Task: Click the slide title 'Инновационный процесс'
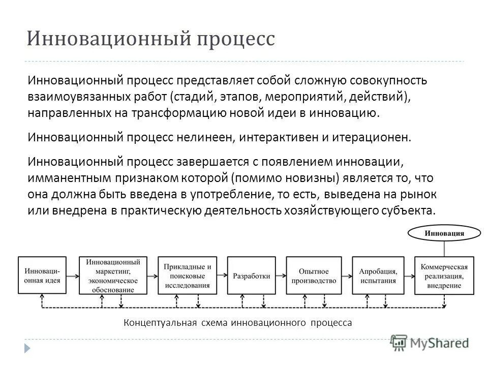(150, 39)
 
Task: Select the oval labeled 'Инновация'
(444, 234)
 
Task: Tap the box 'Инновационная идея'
(42, 276)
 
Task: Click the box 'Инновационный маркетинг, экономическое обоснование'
(113, 276)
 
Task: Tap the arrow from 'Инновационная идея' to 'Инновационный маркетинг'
(73, 276)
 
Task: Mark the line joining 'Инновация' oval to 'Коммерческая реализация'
(444, 249)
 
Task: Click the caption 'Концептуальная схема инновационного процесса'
(238, 322)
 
